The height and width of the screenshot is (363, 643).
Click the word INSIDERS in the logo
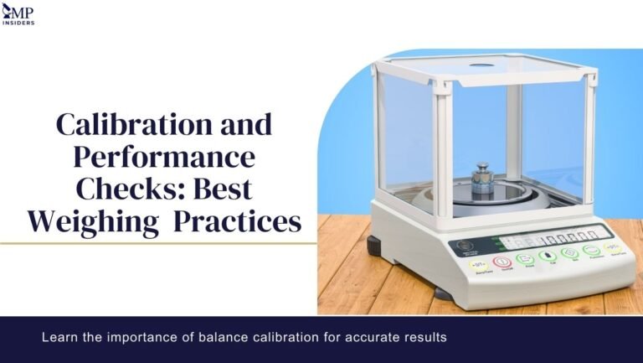(18, 22)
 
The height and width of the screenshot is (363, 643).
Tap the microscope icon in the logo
(8, 9)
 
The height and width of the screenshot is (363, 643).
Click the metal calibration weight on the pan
(482, 179)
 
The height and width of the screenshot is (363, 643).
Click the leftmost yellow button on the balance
(481, 262)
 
